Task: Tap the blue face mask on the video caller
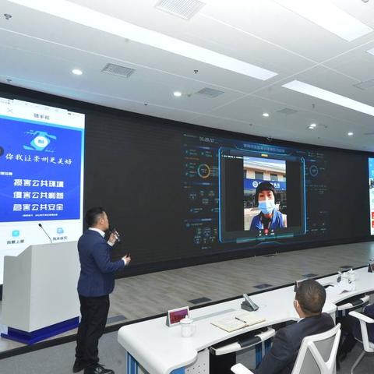[266, 206]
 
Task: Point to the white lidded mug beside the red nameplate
[187, 327]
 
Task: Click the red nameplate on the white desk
[178, 315]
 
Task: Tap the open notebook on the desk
[238, 321]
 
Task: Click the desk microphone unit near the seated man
[249, 303]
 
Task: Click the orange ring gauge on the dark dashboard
[204, 171]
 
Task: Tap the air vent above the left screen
[118, 70]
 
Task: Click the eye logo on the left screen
[39, 141]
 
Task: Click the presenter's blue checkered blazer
[97, 264]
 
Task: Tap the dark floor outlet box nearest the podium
[199, 300]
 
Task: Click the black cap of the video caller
[265, 188]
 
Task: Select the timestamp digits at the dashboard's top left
[206, 139]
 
